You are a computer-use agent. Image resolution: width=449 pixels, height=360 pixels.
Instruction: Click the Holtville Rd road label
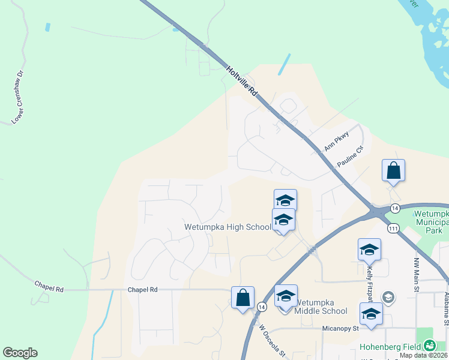pos(242,81)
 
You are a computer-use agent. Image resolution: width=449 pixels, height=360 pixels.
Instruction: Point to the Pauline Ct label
pos(351,157)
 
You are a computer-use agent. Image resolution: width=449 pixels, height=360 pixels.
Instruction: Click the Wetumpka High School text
pos(228,227)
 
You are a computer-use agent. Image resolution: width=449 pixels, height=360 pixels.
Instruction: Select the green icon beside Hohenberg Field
pos(430,346)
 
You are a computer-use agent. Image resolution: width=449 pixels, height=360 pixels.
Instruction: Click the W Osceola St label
pos(271,341)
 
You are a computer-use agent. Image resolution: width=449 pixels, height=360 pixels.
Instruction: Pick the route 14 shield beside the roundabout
pos(394,208)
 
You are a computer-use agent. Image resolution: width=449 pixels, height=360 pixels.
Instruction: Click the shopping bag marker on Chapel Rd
pos(243,298)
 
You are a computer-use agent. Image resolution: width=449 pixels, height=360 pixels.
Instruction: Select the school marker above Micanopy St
pos(371,314)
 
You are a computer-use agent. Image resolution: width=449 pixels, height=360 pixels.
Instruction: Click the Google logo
pos(20,353)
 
